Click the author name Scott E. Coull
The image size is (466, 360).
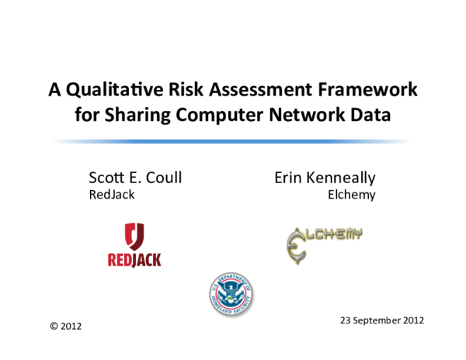tap(136, 177)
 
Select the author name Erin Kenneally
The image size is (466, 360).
tap(325, 177)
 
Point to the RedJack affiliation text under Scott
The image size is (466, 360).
tap(112, 195)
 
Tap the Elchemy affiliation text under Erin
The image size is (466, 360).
tap(352, 195)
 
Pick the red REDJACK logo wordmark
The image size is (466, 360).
tap(134, 259)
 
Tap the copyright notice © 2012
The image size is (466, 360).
tap(65, 327)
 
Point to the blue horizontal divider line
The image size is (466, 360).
tap(233, 141)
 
